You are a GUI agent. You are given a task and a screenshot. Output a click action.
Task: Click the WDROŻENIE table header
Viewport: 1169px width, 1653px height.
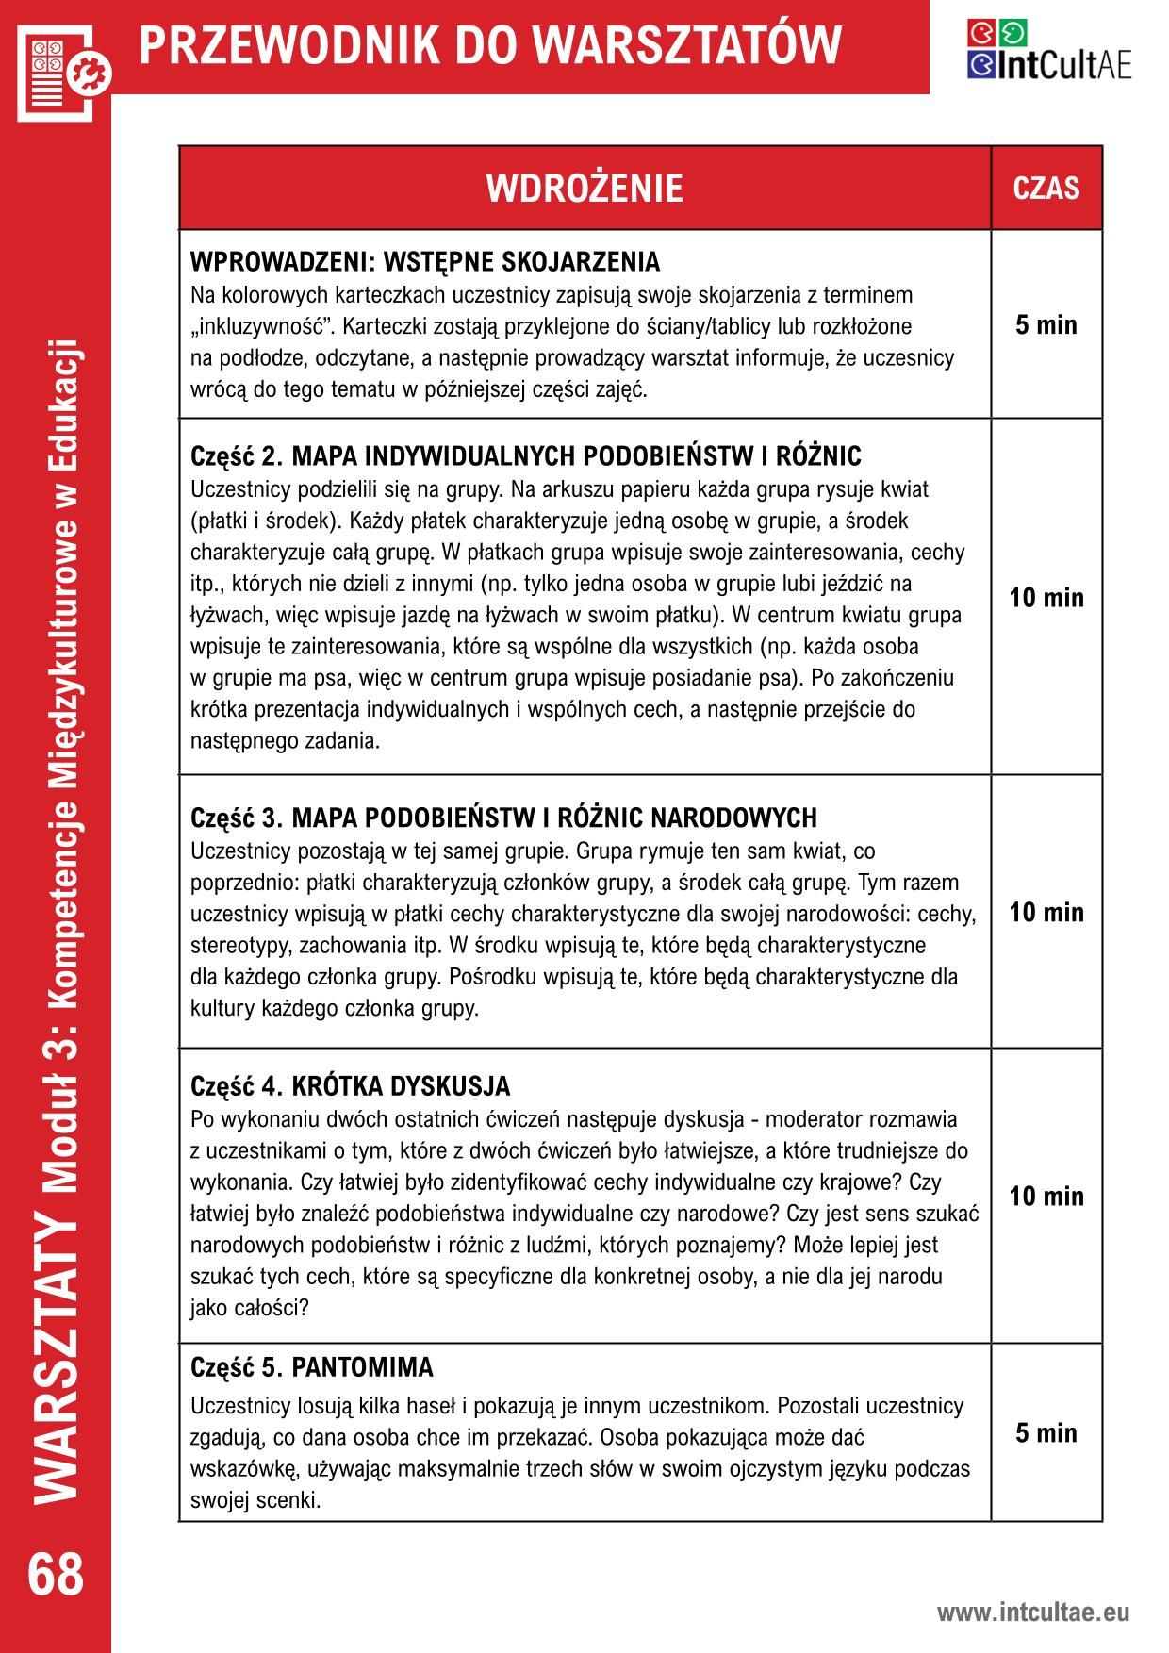point(584,189)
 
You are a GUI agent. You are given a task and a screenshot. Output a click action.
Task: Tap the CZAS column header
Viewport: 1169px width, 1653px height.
point(1046,189)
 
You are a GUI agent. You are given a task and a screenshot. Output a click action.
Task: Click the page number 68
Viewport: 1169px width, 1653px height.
point(56,1576)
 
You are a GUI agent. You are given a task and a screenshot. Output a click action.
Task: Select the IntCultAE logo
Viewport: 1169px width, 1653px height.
point(1048,50)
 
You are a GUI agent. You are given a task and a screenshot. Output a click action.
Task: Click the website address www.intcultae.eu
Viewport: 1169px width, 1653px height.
point(1032,1612)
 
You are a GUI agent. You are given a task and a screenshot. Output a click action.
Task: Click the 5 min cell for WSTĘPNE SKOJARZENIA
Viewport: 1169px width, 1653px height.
point(1046,325)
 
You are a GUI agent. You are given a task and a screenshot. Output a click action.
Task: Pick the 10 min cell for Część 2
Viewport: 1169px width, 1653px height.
point(1046,598)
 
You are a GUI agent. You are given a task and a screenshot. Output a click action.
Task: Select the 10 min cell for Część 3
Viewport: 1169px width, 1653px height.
point(1046,912)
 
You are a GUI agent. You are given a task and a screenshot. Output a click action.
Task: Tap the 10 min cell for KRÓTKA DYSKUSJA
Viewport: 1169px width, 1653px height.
point(1046,1197)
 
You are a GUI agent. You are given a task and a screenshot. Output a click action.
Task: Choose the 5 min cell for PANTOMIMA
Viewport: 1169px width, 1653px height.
point(1046,1433)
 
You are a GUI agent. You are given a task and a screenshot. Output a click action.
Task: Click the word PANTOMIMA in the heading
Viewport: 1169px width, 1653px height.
point(363,1367)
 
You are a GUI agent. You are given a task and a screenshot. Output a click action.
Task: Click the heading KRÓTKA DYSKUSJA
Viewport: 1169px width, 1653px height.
point(401,1086)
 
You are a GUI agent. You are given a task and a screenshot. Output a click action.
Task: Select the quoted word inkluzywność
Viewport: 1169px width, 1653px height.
point(255,327)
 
